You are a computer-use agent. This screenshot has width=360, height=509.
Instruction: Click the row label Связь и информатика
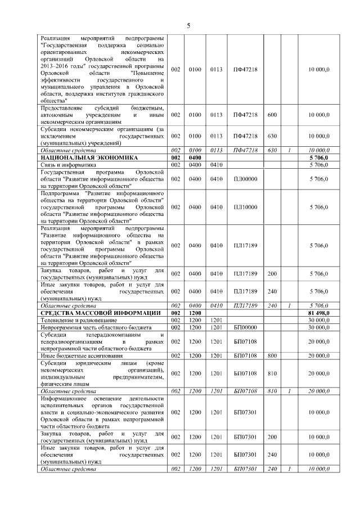pyautogui.click(x=66, y=165)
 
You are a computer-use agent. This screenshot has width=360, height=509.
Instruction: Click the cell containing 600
pyautogui.click(x=272, y=115)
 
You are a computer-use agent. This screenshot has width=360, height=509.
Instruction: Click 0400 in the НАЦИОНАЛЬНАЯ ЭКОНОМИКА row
pyautogui.click(x=195, y=158)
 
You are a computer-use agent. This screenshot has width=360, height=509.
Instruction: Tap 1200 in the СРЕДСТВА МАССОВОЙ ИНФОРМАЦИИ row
pyautogui.click(x=195, y=312)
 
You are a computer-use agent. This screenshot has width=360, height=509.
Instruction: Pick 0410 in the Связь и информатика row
pyautogui.click(x=217, y=165)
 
